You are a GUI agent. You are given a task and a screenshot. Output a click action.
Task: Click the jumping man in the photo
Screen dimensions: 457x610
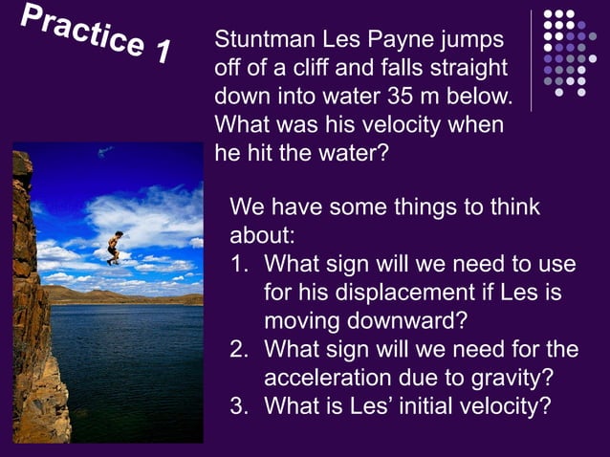[114, 247]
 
